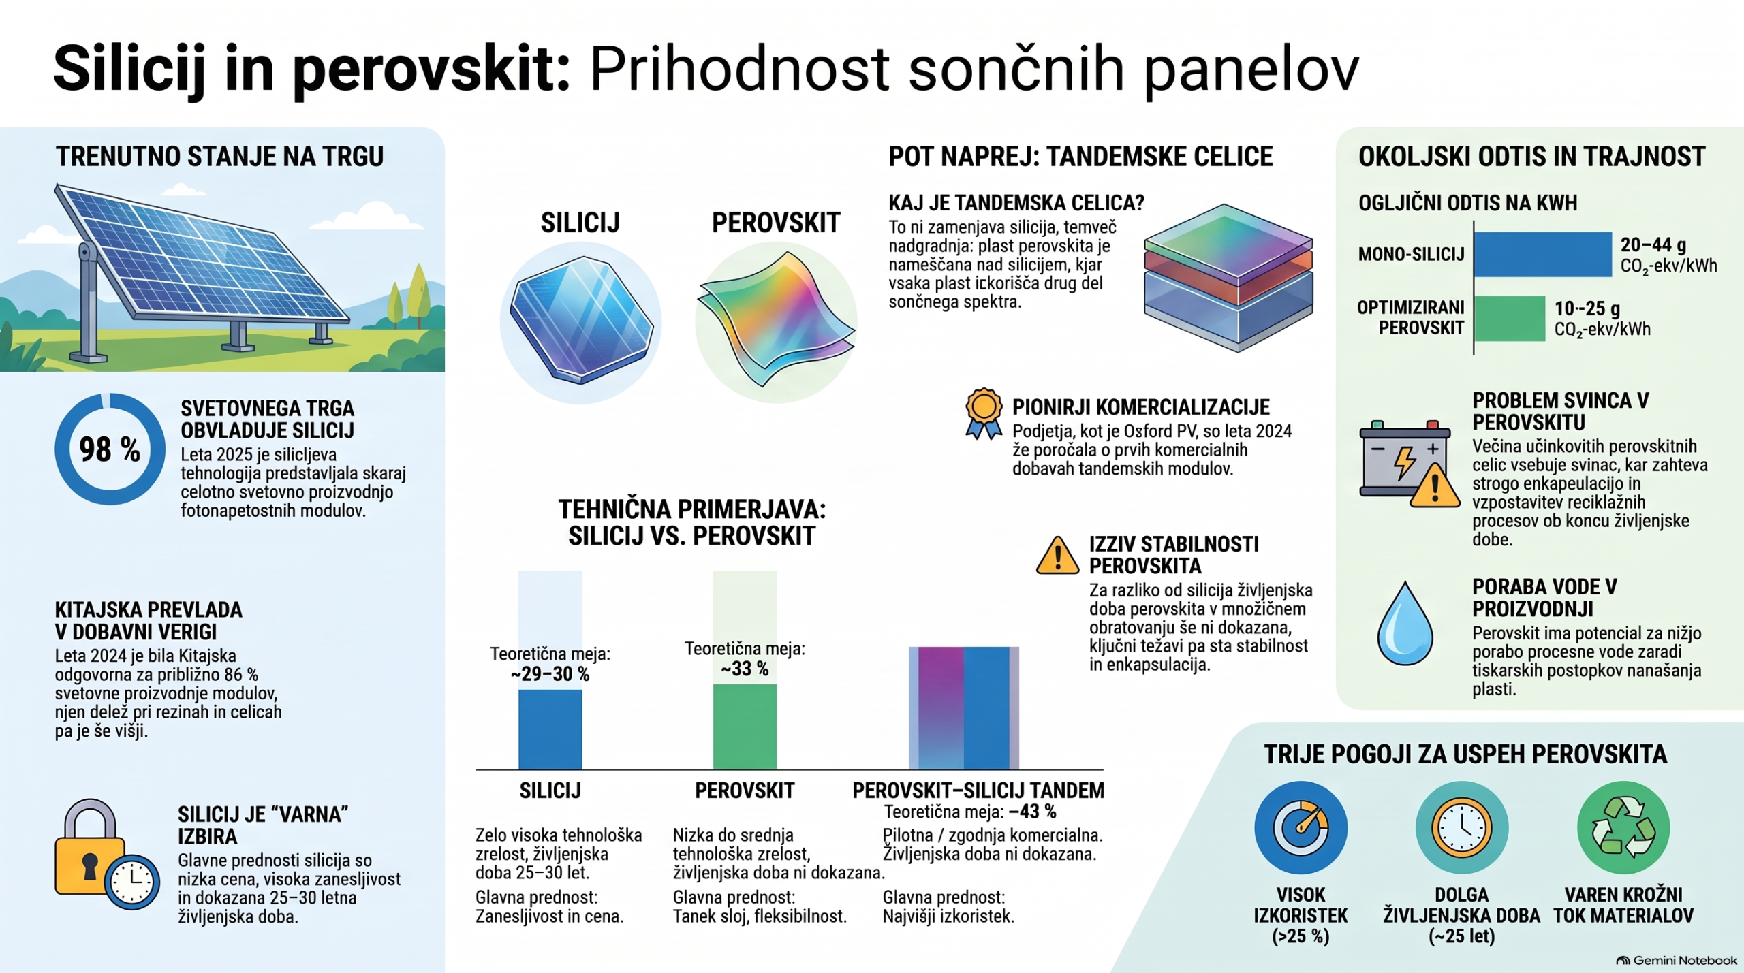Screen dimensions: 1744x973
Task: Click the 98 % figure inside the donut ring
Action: click(110, 449)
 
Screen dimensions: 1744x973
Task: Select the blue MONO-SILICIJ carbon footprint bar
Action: click(1543, 254)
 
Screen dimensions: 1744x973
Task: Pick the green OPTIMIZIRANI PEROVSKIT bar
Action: click(1510, 318)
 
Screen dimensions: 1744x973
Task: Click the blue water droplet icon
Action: click(1405, 623)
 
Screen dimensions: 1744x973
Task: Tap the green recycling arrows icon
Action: click(1623, 827)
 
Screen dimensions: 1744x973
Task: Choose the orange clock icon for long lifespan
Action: click(1462, 827)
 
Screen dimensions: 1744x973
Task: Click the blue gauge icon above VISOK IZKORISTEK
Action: click(1301, 827)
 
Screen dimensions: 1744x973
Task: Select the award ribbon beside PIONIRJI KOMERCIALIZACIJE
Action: click(984, 413)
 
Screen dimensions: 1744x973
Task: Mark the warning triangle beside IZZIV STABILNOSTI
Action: click(1057, 556)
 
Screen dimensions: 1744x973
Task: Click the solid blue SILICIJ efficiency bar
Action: click(550, 729)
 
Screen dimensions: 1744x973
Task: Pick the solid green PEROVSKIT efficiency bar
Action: click(745, 727)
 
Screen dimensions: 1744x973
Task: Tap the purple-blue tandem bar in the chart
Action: click(964, 708)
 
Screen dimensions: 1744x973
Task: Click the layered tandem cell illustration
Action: click(1228, 277)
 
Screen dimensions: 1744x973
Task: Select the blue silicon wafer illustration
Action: click(581, 320)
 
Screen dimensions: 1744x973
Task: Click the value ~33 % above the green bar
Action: click(745, 669)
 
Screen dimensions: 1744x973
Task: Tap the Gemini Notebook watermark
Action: click(1677, 961)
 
